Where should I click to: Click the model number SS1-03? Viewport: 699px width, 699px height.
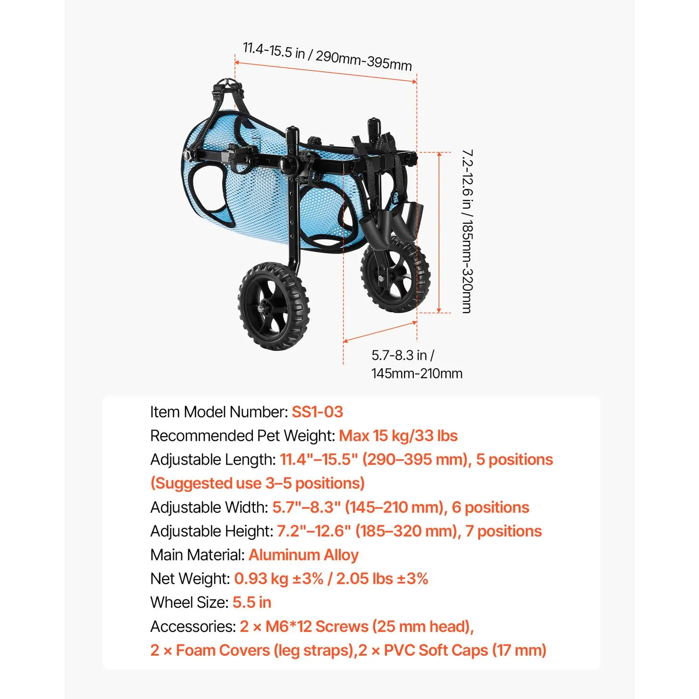pyautogui.click(x=317, y=412)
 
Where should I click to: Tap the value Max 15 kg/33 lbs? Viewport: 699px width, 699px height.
pyautogui.click(x=398, y=436)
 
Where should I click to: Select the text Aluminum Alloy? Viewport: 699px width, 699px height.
pyautogui.click(x=304, y=555)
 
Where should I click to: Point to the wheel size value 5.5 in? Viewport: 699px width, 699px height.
pyautogui.click(x=252, y=603)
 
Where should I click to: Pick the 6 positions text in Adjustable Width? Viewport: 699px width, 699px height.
pyautogui.click(x=491, y=507)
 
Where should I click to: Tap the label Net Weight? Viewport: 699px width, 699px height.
pyautogui.click(x=190, y=579)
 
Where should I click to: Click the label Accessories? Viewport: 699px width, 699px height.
pyautogui.click(x=193, y=627)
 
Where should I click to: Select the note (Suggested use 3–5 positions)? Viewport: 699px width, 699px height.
pyautogui.click(x=258, y=483)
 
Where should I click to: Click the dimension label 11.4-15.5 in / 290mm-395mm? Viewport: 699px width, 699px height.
pyautogui.click(x=327, y=57)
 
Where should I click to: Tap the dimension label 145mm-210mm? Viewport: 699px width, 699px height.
pyautogui.click(x=417, y=374)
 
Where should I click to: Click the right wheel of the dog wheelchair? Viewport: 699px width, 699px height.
pyautogui.click(x=396, y=274)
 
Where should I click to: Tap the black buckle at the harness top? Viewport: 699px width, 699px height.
pyautogui.click(x=228, y=87)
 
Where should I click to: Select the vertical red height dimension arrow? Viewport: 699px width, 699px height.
pyautogui.click(x=439, y=233)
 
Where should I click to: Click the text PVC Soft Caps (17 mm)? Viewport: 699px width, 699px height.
pyautogui.click(x=465, y=651)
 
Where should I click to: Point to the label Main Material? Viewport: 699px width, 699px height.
pyautogui.click(x=198, y=555)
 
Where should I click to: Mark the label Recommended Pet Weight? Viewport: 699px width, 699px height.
pyautogui.click(x=243, y=436)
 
